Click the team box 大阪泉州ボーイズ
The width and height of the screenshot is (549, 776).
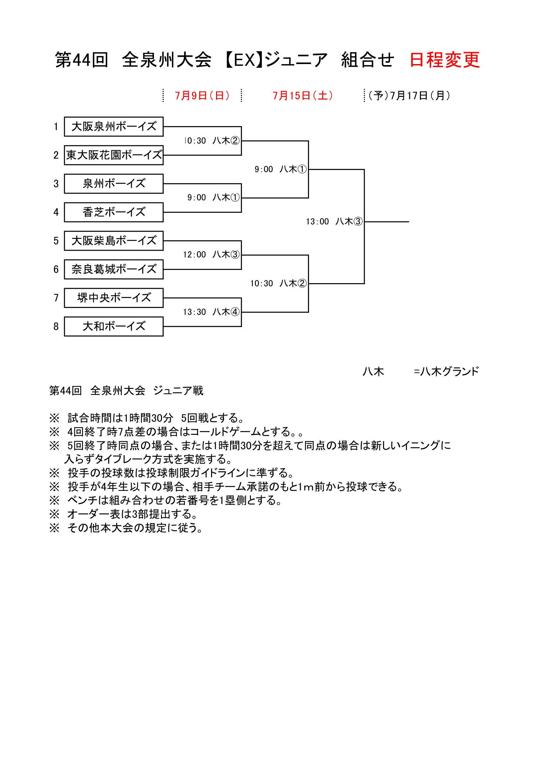114,127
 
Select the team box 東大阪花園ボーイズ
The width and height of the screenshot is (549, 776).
114,155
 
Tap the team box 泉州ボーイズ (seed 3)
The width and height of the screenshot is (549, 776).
114,184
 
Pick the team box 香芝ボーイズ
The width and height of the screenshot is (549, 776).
114,212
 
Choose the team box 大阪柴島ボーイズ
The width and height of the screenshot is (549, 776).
114,241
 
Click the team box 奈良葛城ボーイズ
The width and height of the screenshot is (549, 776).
114,270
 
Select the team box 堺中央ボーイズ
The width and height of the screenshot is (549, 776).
114,298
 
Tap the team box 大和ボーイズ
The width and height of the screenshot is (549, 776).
114,327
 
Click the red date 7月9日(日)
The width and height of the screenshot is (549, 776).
202,96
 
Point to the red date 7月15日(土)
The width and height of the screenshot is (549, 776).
303,96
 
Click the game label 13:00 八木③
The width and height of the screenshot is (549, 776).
334,222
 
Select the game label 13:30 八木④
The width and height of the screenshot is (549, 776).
211,312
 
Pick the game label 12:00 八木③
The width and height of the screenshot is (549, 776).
211,255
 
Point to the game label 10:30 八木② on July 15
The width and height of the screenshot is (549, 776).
278,283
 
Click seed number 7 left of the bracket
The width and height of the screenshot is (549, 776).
56,298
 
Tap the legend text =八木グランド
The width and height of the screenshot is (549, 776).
446,372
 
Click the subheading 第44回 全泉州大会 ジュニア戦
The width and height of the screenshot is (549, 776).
126,391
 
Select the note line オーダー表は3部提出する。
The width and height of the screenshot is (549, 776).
132,514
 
